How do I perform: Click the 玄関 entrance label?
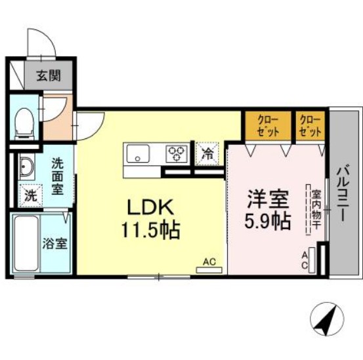[47, 75]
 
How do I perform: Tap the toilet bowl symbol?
[24, 121]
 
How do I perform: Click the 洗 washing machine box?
[31, 194]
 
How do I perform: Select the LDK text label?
[150, 209]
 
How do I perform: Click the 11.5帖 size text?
[151, 230]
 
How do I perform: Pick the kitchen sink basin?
[138, 155]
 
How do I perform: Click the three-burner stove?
[175, 154]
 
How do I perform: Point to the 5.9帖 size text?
[267, 221]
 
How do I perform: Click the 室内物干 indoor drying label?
[315, 210]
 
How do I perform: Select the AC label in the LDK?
[209, 262]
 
